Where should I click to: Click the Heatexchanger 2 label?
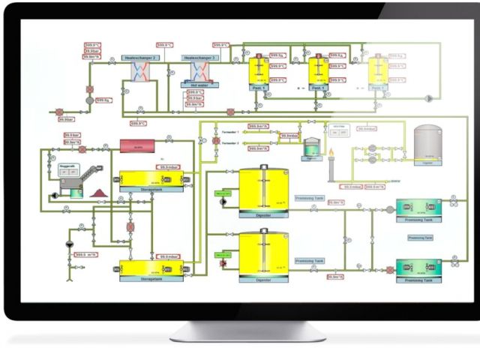click(x=139, y=58)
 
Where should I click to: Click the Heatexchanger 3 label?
click(x=199, y=58)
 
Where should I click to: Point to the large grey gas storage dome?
click(x=429, y=143)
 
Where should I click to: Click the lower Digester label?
click(x=262, y=278)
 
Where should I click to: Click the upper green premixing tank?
click(x=418, y=207)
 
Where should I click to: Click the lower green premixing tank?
click(x=418, y=268)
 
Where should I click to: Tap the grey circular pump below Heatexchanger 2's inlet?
click(x=89, y=99)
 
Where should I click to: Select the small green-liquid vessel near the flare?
click(x=308, y=152)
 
